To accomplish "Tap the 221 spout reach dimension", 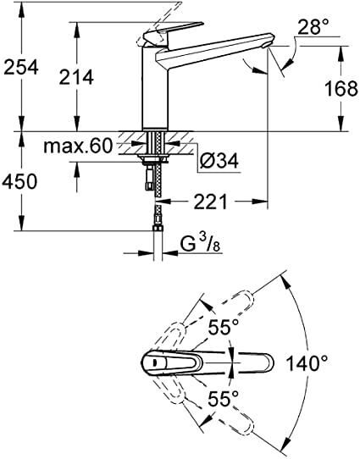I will (208, 203).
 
